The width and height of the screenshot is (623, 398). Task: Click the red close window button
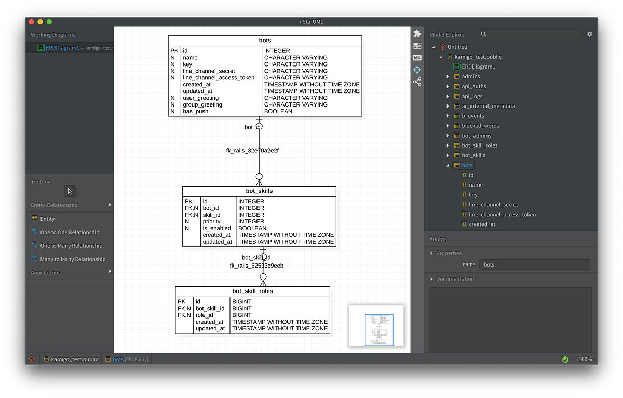click(x=31, y=22)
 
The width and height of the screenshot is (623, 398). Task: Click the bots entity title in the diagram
click(x=265, y=41)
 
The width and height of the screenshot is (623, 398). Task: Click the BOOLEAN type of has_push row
click(x=278, y=111)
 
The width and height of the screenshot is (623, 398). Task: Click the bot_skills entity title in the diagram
click(x=259, y=191)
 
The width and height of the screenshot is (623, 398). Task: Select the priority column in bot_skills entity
click(x=212, y=221)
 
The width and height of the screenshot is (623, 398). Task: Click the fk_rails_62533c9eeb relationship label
click(x=256, y=266)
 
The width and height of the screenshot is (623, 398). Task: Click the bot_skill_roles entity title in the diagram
click(x=252, y=291)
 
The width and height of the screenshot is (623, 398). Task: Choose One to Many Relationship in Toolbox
click(x=71, y=246)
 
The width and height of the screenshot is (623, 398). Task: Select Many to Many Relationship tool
click(x=73, y=259)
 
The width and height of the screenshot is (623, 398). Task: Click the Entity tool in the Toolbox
click(x=47, y=219)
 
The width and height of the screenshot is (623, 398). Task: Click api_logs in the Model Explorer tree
click(x=472, y=96)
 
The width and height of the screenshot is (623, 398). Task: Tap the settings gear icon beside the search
click(x=589, y=34)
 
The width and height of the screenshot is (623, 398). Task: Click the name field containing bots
click(x=534, y=264)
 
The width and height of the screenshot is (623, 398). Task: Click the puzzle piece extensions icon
click(x=417, y=33)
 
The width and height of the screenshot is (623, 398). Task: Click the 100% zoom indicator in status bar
click(x=585, y=359)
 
